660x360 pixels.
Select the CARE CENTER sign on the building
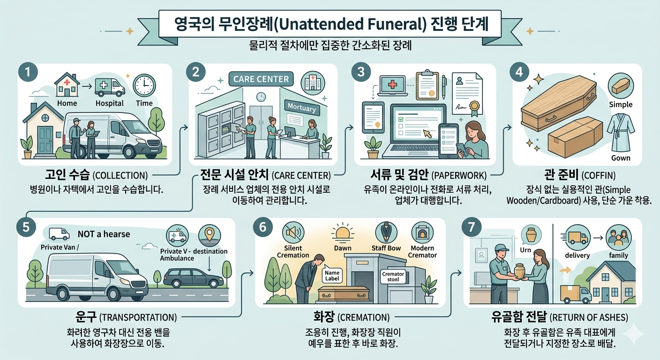(x=261, y=78)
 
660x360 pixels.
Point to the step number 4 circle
(x=521, y=74)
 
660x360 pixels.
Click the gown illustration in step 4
(x=620, y=131)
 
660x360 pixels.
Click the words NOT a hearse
(x=104, y=233)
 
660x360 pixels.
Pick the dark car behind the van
(x=193, y=278)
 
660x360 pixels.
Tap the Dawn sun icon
(x=343, y=233)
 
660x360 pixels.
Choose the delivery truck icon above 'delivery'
(x=577, y=237)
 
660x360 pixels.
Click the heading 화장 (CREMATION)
(x=351, y=317)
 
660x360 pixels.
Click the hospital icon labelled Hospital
(x=110, y=87)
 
